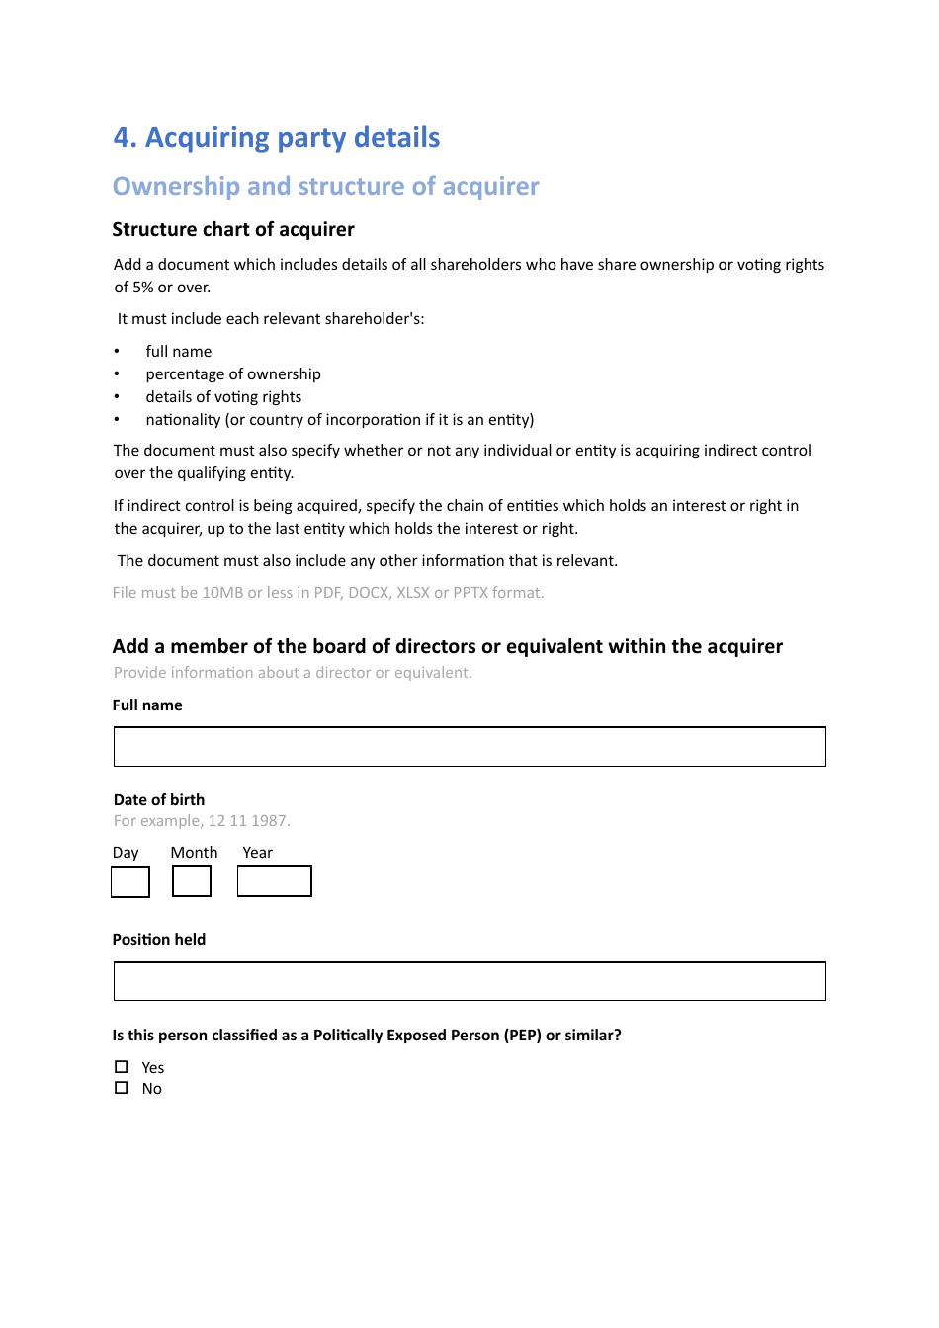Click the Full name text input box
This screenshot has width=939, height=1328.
(469, 747)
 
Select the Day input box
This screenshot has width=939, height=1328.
(130, 881)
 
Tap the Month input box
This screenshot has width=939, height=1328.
(192, 881)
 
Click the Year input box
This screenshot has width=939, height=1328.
(275, 881)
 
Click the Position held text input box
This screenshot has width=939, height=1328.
(469, 981)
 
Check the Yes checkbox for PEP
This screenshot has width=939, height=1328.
(122, 1067)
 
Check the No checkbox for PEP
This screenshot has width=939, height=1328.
(122, 1088)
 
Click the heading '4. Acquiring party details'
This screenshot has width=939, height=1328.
(277, 137)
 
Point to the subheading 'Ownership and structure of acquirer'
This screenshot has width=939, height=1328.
(325, 186)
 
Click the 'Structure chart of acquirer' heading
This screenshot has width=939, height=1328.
(233, 229)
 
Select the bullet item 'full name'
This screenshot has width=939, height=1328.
(178, 352)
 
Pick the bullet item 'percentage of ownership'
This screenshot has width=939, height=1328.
(233, 374)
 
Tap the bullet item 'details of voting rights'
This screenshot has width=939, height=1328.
(223, 397)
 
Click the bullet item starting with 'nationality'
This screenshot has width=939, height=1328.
(339, 420)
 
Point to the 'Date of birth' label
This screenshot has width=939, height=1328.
(159, 800)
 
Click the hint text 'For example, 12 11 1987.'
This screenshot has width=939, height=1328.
(202, 821)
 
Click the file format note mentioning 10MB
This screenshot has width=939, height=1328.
(328, 593)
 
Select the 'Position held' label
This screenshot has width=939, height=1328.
(159, 940)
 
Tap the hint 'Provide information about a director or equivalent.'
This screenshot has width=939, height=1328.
(293, 673)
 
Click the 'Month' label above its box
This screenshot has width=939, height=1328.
(194, 853)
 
